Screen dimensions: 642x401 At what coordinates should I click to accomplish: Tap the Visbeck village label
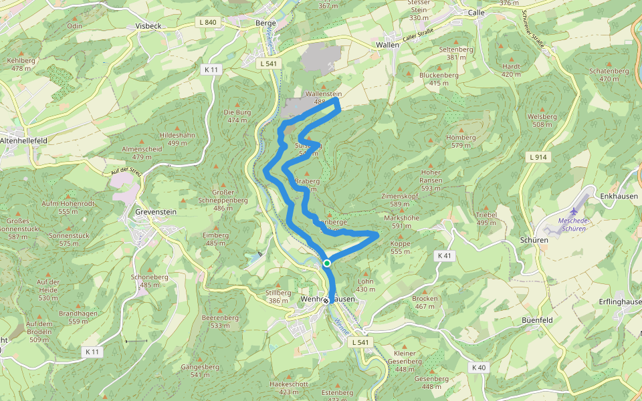pyautogui.click(x=149, y=26)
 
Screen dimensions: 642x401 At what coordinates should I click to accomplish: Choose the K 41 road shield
pyautogui.click(x=445, y=256)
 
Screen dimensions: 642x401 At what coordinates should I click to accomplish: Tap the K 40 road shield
pyautogui.click(x=478, y=367)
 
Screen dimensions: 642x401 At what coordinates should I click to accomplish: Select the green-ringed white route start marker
pyautogui.click(x=327, y=263)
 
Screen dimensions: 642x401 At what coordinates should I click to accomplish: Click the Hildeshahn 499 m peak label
pyautogui.click(x=177, y=138)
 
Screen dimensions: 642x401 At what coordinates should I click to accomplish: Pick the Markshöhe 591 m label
pyautogui.click(x=402, y=222)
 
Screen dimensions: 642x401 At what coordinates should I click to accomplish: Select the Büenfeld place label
pyautogui.click(x=537, y=320)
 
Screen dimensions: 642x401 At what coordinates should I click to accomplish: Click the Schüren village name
pyautogui.click(x=533, y=240)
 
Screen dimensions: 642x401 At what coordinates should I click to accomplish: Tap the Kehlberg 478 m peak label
pyautogui.click(x=22, y=63)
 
